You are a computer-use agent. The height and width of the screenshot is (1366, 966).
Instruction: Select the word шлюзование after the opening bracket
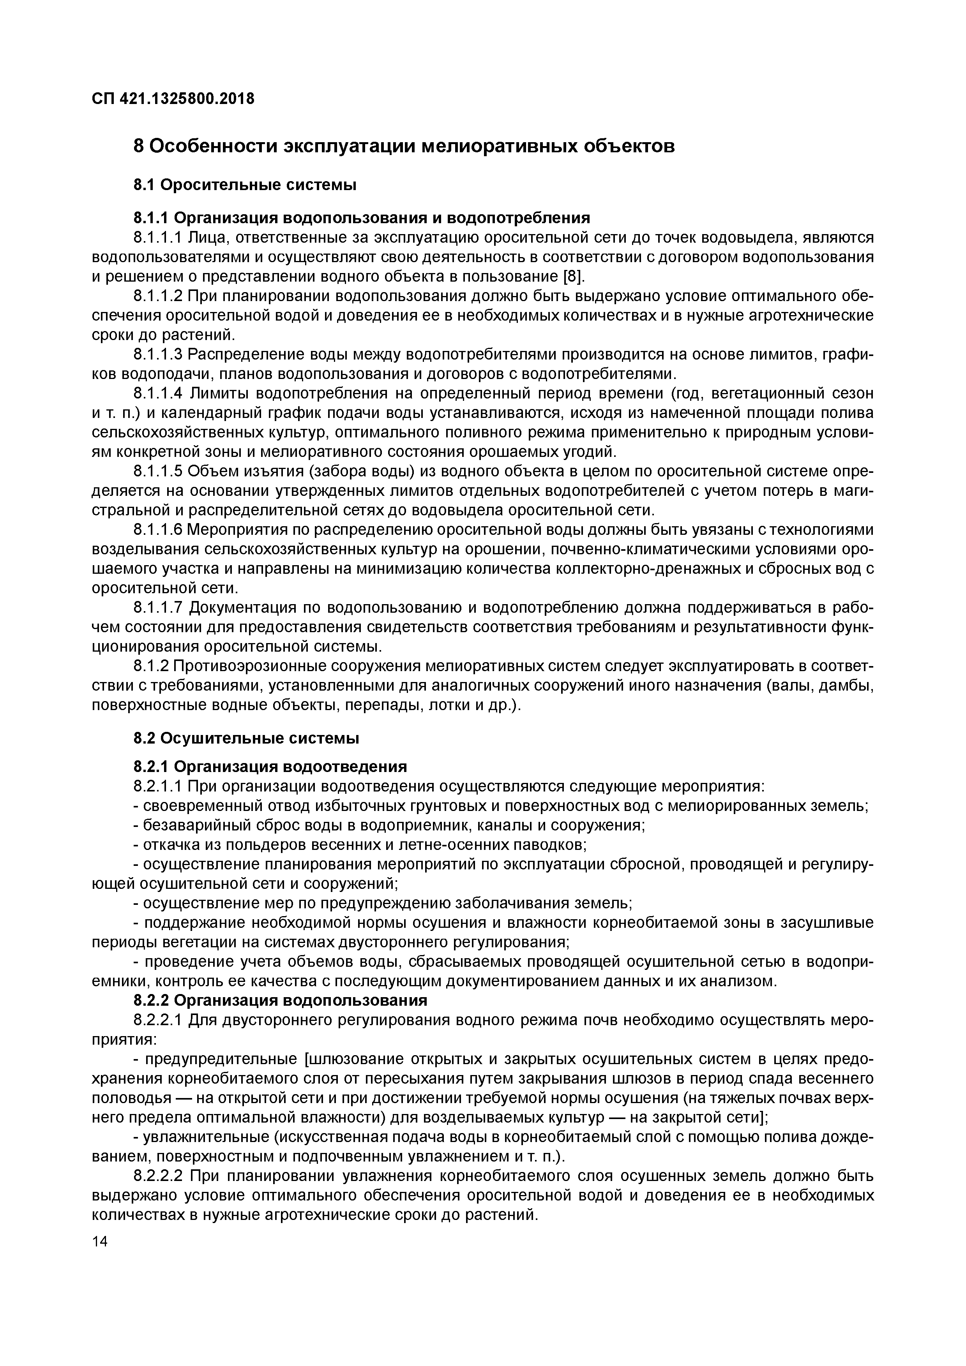tap(352, 1059)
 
